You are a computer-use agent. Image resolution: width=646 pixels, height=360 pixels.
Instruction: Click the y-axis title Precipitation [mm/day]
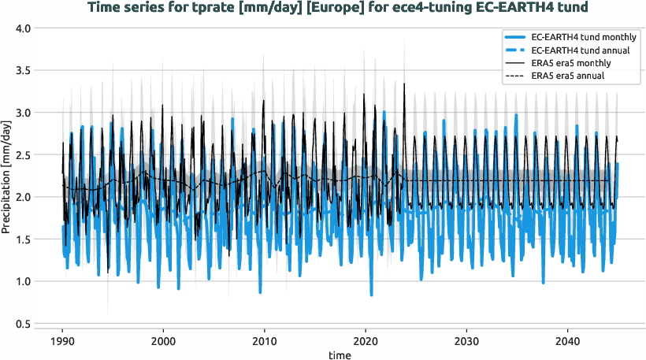[x=7, y=176]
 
